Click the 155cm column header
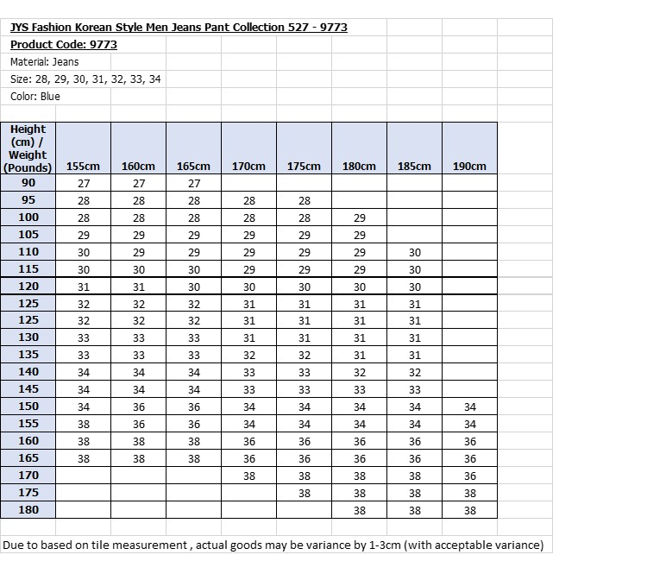pos(84,166)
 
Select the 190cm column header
pos(469,166)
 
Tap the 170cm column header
pos(248,166)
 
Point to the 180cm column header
pos(359,166)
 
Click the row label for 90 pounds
pos(28,183)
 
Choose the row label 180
pos(28,510)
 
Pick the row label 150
pos(28,407)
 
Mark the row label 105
pos(28,235)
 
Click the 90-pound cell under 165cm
pos(193,183)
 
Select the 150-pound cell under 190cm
pos(469,407)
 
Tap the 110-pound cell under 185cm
pos(414,252)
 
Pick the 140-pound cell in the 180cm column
pos(359,372)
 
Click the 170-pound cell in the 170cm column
pos(248,476)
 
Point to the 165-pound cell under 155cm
pos(84,458)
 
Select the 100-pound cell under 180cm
pos(359,217)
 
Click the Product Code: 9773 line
pos(63,44)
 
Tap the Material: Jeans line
pos(44,61)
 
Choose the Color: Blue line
pos(35,96)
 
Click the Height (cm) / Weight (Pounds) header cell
pos(28,148)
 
